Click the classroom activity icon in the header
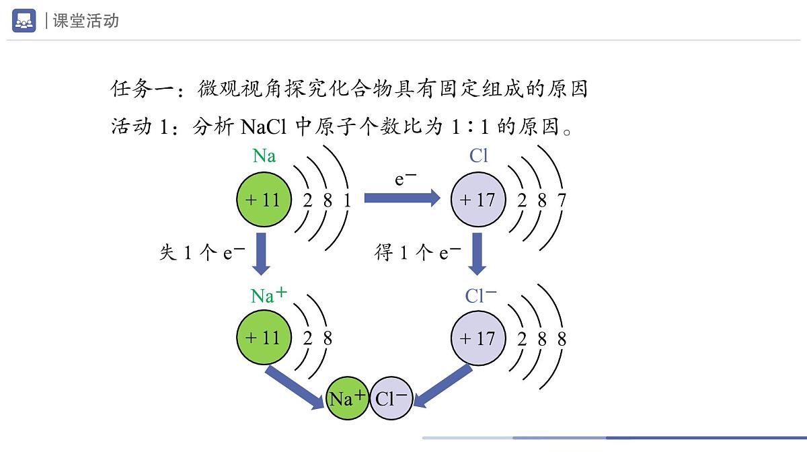click(24, 21)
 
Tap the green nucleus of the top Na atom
click(263, 199)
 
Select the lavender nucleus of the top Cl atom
click(477, 199)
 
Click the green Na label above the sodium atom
click(264, 156)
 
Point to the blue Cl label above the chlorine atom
click(479, 156)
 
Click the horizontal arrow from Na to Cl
click(401, 198)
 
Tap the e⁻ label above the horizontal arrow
click(406, 178)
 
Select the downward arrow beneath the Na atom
click(260, 253)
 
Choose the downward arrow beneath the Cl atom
click(477, 253)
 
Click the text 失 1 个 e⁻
click(202, 253)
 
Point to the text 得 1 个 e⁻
click(418, 253)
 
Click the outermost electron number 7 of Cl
click(562, 200)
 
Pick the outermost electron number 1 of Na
click(347, 200)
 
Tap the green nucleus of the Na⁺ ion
click(263, 338)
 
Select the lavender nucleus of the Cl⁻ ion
click(477, 338)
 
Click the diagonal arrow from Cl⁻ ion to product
click(443, 386)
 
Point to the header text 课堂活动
click(86, 21)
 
